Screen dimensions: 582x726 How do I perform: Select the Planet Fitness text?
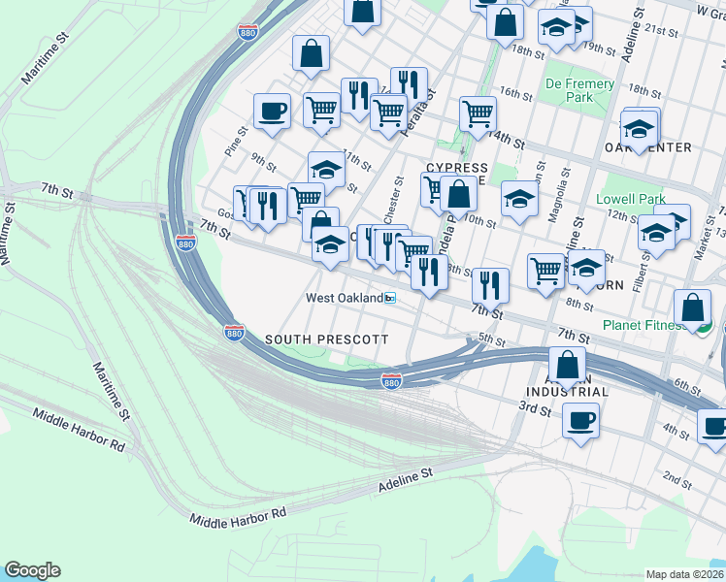pos(642,325)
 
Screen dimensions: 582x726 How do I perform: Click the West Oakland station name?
pos(345,298)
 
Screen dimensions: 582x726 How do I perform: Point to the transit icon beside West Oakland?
pos(390,299)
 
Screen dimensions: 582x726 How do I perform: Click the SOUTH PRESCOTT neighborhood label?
pos(326,339)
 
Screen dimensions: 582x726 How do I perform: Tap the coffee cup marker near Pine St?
pos(272,110)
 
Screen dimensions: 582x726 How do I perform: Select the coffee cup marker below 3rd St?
pos(580,421)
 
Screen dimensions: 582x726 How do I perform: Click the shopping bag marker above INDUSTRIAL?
pos(568,366)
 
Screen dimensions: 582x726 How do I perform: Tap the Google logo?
pos(32,570)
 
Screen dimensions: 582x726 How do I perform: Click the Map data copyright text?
pos(685,574)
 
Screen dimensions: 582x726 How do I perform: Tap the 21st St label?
pos(665,31)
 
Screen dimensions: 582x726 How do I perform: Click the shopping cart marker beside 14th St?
pos(478,113)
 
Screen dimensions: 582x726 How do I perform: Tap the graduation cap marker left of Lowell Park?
pos(519,199)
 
